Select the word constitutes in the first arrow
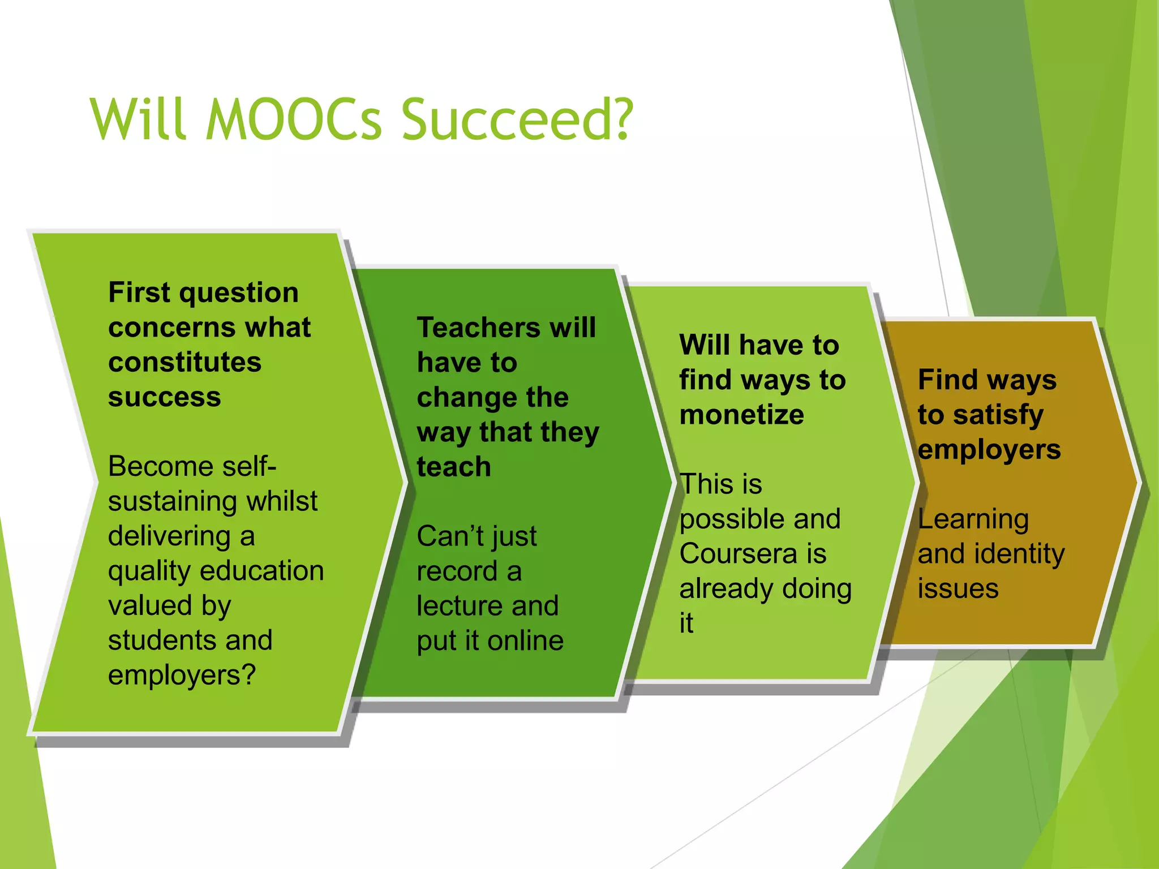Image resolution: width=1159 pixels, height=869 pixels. coord(184,362)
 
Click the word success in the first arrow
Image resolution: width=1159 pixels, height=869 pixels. coord(164,397)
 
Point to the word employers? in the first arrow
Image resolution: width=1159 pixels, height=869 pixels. coord(182,676)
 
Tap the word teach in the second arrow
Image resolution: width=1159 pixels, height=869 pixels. coord(453,467)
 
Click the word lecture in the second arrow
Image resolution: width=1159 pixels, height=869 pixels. coord(456,606)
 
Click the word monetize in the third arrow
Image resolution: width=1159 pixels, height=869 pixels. coord(741,415)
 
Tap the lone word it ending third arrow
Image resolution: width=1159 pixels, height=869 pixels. coord(686,623)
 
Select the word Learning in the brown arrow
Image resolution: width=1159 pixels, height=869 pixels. coord(973,519)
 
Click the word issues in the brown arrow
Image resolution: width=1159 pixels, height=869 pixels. coord(958,589)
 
